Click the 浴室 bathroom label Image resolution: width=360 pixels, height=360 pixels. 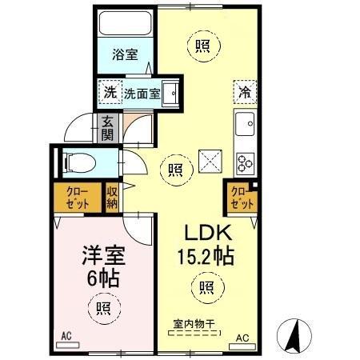tap(124, 56)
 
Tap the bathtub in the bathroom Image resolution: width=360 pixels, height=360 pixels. tap(124, 24)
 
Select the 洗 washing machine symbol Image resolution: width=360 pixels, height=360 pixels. tap(109, 91)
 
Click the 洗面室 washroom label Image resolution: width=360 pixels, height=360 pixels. tap(142, 92)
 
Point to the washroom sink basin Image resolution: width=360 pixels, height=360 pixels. tap(170, 90)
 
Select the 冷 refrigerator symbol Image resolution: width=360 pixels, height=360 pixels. tap(246, 92)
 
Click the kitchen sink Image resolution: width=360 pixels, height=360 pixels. tap(244, 124)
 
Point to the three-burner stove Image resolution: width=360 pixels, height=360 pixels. tap(244, 162)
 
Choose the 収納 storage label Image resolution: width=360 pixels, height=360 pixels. tap(112, 197)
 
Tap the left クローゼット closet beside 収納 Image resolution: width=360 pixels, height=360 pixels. tap(78, 198)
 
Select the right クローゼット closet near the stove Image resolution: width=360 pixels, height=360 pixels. tap(240, 197)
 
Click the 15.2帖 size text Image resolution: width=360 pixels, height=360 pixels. tap(206, 258)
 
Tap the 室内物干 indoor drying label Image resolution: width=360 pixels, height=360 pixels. tap(195, 324)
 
